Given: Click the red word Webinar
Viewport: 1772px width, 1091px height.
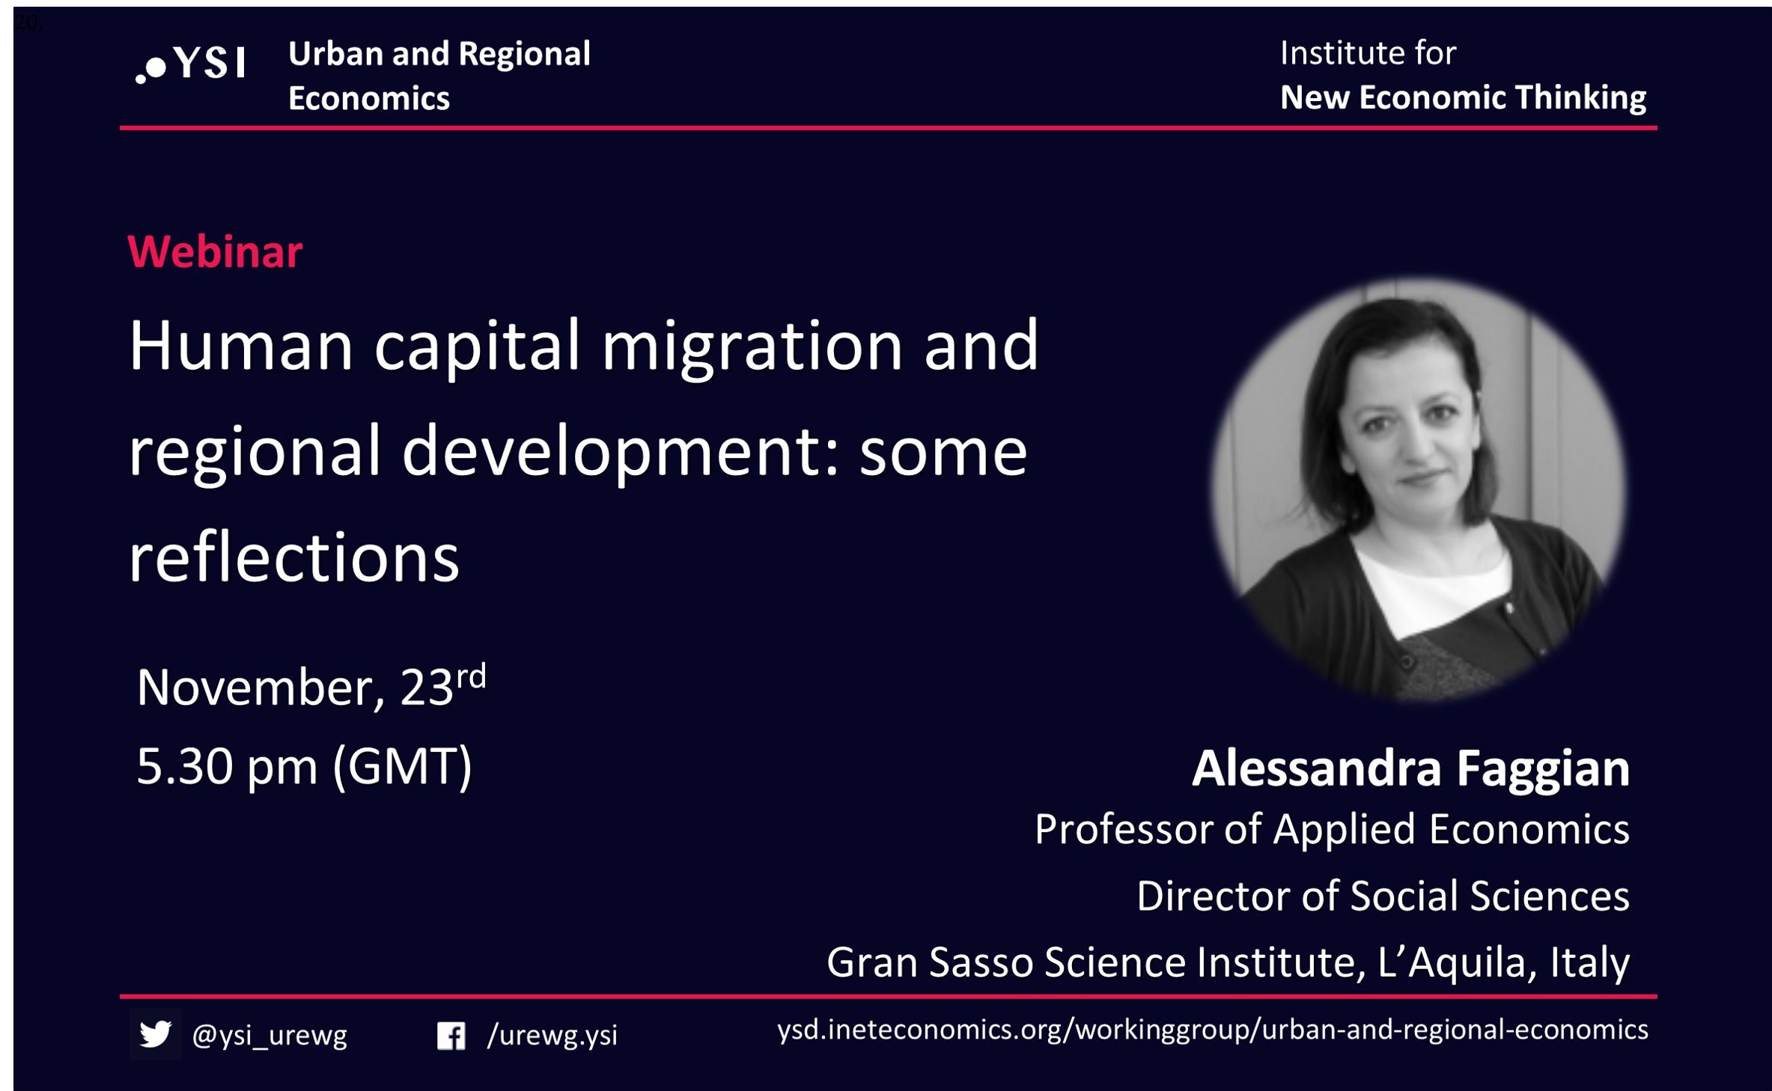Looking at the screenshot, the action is tap(215, 251).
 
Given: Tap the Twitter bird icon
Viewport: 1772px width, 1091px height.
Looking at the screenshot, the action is tap(156, 1034).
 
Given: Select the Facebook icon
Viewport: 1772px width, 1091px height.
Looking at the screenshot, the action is tap(451, 1036).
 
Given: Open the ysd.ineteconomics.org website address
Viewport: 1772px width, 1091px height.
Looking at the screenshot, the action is tap(1213, 1030).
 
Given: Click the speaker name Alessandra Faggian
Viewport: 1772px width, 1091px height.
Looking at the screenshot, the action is tap(1411, 769).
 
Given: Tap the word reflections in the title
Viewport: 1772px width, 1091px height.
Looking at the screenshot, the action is tap(293, 557).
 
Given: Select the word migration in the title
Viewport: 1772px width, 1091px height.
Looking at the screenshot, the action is tap(752, 349).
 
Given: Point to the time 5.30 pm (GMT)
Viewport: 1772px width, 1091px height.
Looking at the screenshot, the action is tap(304, 766).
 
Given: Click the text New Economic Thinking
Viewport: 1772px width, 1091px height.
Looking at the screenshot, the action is tap(1463, 97).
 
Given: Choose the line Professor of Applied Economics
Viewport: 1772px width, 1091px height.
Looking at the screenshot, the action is tap(1332, 830).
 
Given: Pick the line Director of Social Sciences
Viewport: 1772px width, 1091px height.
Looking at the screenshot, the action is tap(1383, 896).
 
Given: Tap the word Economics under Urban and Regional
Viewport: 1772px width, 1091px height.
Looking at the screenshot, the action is tap(369, 99).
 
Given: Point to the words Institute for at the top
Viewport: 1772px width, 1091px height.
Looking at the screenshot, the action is tap(1368, 53).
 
